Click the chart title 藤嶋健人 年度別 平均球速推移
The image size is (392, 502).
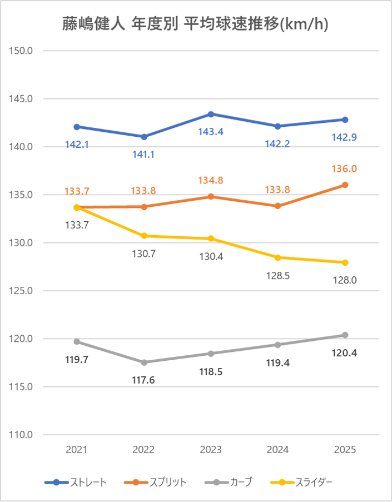coord(195,24)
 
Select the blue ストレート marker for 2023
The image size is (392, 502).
coord(211,114)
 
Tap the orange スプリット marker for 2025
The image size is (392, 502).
coord(345,185)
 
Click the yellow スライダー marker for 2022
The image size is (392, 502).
coord(144,236)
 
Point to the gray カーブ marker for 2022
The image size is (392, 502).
coord(144,362)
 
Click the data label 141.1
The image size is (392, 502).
coord(144,155)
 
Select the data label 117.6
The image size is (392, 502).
coord(144,381)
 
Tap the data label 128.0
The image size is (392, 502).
coord(345,280)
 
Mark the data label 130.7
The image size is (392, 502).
coord(144,254)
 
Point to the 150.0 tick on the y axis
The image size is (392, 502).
coord(23,51)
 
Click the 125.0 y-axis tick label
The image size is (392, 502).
coord(23,291)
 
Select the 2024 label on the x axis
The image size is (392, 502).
coord(278,450)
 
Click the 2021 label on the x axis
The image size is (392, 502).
coord(77,450)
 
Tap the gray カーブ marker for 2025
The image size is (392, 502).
coord(345,335)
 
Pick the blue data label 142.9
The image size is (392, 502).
coord(345,137)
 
